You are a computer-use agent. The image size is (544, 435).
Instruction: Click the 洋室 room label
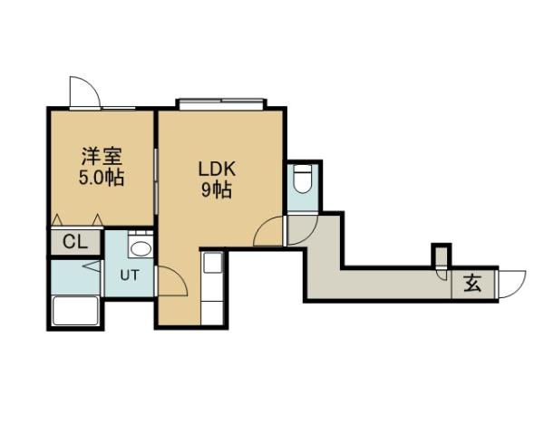[x=101, y=157]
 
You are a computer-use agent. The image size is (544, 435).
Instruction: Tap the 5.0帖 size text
[x=101, y=177]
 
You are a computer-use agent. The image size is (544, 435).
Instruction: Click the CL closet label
[x=74, y=243]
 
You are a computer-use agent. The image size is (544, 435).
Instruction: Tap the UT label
[x=130, y=275]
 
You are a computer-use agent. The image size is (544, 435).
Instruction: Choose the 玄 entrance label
[x=473, y=284]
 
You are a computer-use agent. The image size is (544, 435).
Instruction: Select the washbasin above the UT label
[x=140, y=246]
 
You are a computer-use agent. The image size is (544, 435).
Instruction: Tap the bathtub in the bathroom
[x=76, y=311]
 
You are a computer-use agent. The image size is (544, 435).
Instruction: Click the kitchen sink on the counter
[x=210, y=265]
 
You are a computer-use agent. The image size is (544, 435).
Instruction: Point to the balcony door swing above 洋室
[x=83, y=92]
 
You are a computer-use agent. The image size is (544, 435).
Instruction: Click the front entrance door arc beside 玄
[x=511, y=282]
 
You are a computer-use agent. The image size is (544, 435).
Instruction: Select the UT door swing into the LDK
[x=172, y=280]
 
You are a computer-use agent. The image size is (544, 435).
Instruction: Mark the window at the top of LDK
[x=221, y=102]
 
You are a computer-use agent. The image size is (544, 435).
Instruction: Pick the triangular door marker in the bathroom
[x=92, y=267]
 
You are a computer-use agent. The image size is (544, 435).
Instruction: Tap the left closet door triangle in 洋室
[x=57, y=218]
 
